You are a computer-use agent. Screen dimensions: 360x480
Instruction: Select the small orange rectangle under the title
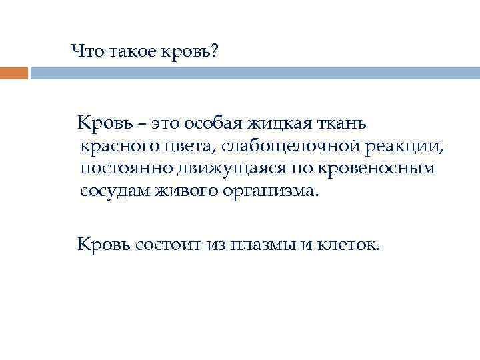14,73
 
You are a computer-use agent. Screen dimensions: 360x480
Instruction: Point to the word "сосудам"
114,191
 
